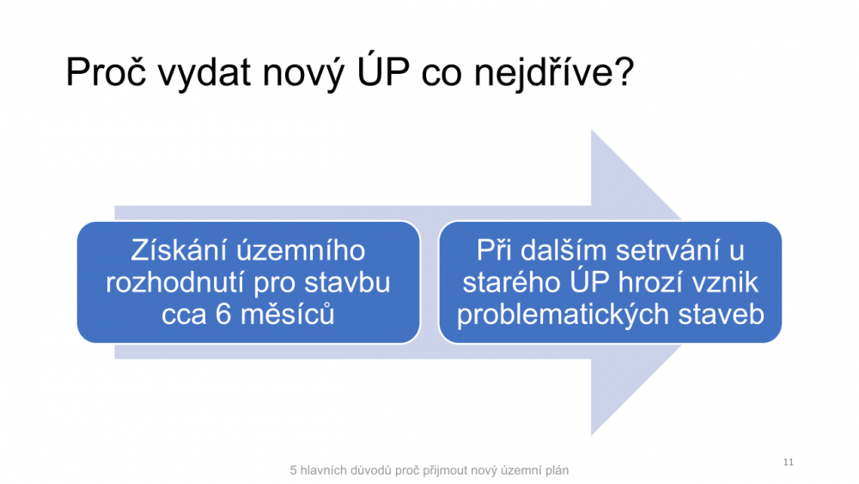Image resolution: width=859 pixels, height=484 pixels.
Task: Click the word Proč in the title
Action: (x=107, y=72)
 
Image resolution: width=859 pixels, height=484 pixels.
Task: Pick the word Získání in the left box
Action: (x=178, y=250)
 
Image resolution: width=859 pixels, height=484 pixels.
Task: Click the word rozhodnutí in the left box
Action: (x=175, y=282)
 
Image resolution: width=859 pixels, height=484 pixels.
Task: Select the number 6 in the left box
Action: (x=223, y=315)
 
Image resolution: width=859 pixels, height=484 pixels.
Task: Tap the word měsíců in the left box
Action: (x=288, y=314)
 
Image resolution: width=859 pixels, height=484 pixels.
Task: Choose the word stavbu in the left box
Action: (x=347, y=282)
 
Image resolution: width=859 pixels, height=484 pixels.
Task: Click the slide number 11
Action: (x=789, y=462)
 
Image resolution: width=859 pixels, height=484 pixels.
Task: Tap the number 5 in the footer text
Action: (x=293, y=470)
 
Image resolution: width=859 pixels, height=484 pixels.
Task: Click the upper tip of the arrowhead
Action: (x=592, y=130)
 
